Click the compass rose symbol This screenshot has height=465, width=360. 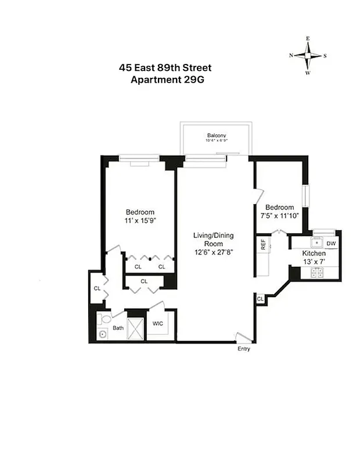(308, 56)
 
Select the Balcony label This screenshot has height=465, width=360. (216, 135)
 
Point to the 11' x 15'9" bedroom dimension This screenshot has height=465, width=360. (141, 220)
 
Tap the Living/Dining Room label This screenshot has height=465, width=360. (214, 239)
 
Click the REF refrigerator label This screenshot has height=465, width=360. (262, 245)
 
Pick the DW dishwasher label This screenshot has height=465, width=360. (330, 244)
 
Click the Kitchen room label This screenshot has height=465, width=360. (314, 253)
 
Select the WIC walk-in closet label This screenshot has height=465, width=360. (157, 323)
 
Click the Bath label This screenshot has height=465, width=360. (118, 328)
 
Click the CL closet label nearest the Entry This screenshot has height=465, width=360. (260, 299)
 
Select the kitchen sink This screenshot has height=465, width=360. (318, 243)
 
